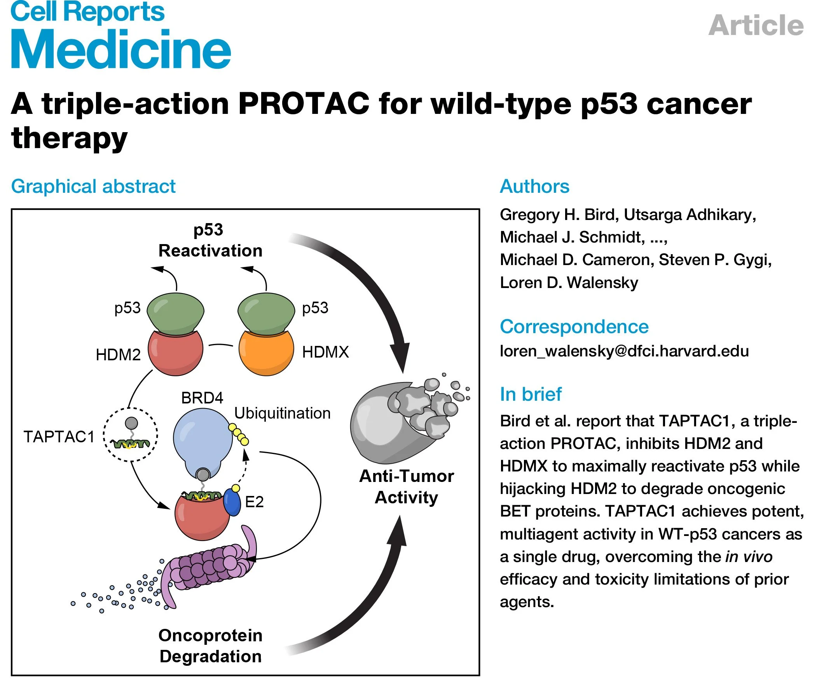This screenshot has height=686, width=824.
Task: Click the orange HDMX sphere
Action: tap(266, 353)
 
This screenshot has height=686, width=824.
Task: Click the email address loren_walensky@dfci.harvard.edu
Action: tap(624, 351)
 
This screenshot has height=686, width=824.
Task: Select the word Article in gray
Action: tap(756, 26)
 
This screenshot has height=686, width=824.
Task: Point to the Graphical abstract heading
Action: tap(93, 186)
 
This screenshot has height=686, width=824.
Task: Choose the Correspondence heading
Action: tap(574, 326)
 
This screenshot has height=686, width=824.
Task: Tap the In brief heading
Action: tap(531, 394)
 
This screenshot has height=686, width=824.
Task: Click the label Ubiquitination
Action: tap(282, 413)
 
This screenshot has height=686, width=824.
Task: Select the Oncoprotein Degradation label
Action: tap(210, 646)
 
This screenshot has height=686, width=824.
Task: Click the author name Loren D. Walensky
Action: tap(569, 283)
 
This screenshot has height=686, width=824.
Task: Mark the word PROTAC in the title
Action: tap(303, 104)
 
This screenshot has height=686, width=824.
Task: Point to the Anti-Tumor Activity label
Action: tap(407, 487)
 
